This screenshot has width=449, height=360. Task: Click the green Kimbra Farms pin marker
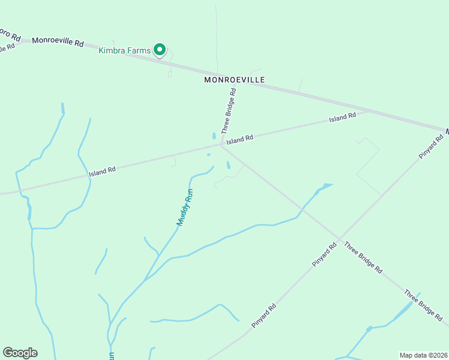tap(160, 50)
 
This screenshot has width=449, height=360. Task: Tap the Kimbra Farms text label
tap(124, 50)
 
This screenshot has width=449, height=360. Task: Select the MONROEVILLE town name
tap(234, 79)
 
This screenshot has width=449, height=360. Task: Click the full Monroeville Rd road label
tap(58, 41)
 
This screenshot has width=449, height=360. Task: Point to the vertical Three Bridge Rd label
tap(229, 111)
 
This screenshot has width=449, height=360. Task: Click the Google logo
tap(20, 353)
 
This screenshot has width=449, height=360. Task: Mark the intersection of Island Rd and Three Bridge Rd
tap(222, 144)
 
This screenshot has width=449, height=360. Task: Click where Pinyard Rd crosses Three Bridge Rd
tap(341, 241)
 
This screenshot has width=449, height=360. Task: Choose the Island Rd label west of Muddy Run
tap(102, 172)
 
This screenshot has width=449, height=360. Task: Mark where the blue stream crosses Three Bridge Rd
tap(303, 210)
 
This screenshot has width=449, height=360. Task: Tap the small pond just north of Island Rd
tap(213, 136)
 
